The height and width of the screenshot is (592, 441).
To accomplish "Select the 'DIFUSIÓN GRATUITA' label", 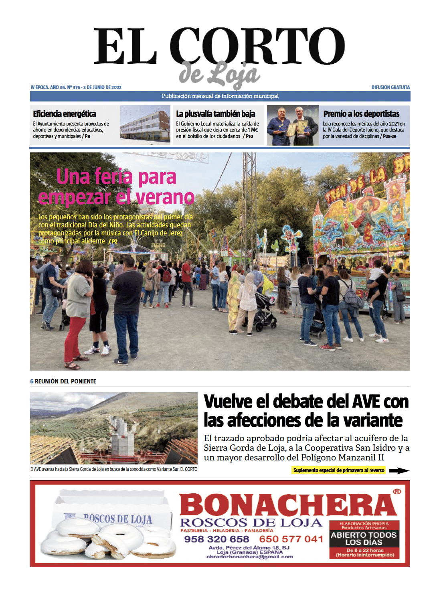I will tap(390, 87).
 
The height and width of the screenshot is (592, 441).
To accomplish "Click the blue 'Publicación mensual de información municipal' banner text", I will tap(220, 96).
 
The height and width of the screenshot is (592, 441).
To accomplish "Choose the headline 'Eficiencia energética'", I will tap(65, 114).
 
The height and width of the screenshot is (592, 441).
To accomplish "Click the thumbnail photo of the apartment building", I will tap(145, 125).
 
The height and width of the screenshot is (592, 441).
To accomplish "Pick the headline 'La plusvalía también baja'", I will tap(215, 114).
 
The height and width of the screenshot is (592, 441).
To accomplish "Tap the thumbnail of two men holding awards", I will tap(293, 125).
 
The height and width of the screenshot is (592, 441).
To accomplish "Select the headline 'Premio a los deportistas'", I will tap(361, 114).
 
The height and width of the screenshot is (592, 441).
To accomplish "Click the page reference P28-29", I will tap(390, 136).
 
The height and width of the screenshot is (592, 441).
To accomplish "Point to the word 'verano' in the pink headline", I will tap(165, 197).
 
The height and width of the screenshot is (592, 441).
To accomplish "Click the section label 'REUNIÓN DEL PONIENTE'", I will tap(65, 381).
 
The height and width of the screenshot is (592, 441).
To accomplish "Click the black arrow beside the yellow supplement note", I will tap(399, 470).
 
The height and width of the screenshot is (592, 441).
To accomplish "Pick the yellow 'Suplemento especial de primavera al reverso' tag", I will tap(339, 470).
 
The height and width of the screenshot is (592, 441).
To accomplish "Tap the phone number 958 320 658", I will tap(216, 539).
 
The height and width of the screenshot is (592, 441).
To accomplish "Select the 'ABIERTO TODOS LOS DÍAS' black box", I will tap(364, 539).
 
